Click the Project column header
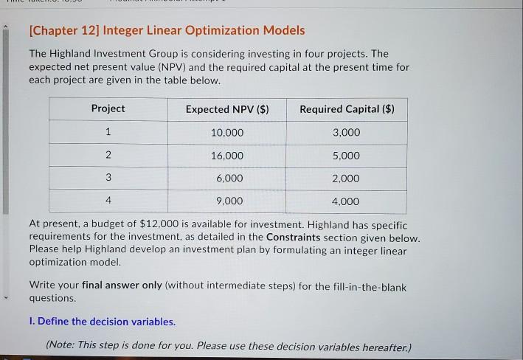(108, 108)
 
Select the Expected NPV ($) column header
(227, 109)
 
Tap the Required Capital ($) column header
(347, 109)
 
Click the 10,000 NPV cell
(226, 133)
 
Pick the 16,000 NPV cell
(226, 156)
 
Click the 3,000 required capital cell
(347, 133)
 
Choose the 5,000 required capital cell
(347, 156)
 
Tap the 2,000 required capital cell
(347, 179)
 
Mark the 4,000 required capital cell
(347, 201)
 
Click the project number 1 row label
(108, 133)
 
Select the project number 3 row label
(108, 178)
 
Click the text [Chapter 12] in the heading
(63, 30)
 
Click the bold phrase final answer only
(122, 285)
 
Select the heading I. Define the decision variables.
(103, 322)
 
